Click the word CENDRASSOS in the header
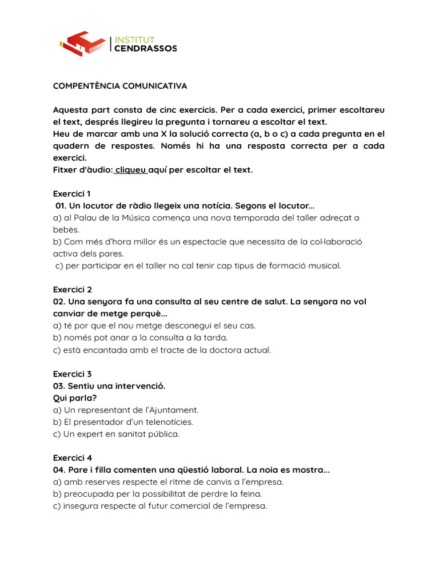(x=146, y=49)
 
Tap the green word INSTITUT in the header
(x=135, y=39)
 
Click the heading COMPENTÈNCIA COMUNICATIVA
(x=120, y=86)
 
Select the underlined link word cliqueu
(x=131, y=170)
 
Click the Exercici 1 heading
(x=71, y=193)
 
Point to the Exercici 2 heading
(x=72, y=290)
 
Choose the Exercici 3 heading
(x=72, y=374)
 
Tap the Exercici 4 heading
(x=72, y=458)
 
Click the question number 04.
(x=59, y=470)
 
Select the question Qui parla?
(x=75, y=398)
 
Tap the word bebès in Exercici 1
(x=65, y=229)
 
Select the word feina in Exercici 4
(x=250, y=494)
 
